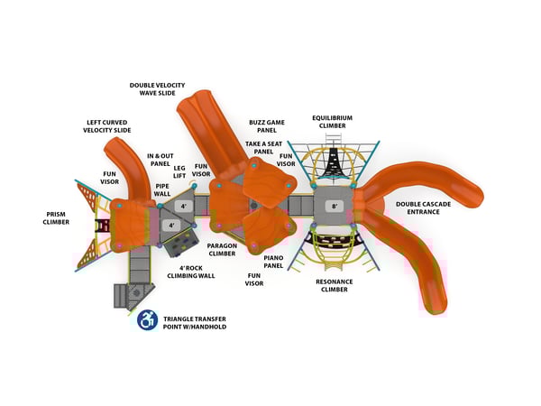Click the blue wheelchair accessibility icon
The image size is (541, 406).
click(147, 319)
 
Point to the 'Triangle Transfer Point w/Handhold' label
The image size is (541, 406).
click(195, 321)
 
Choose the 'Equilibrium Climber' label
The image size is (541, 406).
click(332, 121)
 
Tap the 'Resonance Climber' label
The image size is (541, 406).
click(334, 286)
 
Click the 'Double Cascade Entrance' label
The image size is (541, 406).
click(423, 208)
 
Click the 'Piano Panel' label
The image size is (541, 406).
click(273, 262)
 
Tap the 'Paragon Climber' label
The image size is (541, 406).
click(222, 249)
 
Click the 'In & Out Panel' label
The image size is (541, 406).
click(160, 160)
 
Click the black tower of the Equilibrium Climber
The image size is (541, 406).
click(333, 162)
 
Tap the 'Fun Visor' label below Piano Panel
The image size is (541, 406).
click(254, 280)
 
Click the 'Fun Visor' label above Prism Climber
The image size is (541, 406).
click(110, 178)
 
